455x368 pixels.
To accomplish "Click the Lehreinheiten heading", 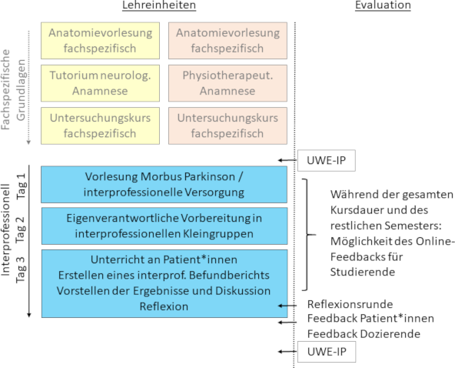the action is (159, 5).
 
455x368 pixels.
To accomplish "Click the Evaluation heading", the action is (383, 5).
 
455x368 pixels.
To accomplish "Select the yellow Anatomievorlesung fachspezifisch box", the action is (100, 41).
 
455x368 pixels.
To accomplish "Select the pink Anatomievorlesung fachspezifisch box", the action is (227, 41).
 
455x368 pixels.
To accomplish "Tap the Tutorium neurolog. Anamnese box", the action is (100, 83).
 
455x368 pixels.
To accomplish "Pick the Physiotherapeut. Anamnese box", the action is (227, 83).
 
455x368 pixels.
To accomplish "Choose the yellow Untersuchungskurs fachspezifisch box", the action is (100, 125).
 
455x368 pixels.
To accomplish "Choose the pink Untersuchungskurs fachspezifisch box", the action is (227, 125).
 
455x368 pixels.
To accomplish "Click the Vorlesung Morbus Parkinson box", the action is (164, 184).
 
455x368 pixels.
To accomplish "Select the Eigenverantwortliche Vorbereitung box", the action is (164, 226).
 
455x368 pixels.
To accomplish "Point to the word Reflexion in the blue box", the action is (164, 306).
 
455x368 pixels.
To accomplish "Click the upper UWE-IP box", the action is (327, 160).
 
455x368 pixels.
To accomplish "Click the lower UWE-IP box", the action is (327, 352).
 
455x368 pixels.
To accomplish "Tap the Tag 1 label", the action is (22, 186).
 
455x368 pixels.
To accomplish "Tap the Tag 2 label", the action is (22, 229).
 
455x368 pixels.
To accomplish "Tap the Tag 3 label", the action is (22, 269).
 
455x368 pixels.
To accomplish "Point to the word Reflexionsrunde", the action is (350, 304).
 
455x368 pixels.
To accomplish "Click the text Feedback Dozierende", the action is (364, 334).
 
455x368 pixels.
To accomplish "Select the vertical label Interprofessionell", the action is (6, 229).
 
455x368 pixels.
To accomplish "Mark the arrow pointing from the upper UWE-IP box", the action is (287, 160).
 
